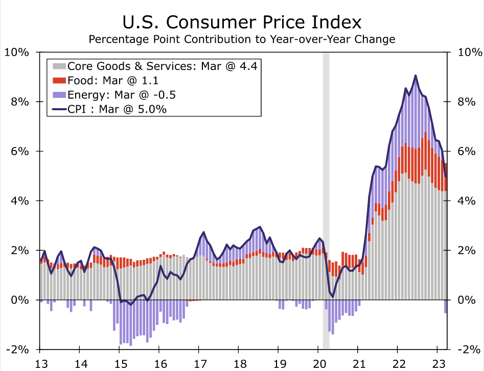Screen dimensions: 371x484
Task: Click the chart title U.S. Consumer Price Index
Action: pos(242,22)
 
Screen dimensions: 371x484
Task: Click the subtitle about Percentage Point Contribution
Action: pos(242,39)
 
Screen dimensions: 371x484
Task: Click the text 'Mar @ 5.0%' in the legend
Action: pos(140,109)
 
